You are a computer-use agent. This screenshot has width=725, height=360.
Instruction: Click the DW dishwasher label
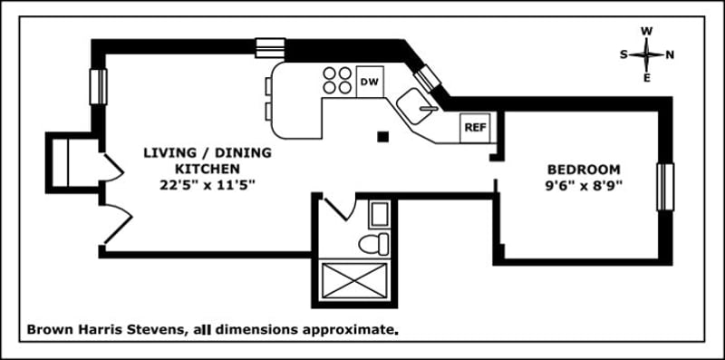[369, 83]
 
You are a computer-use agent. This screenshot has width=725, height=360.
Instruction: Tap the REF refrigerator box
[475, 127]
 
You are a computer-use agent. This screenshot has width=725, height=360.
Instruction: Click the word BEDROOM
[584, 170]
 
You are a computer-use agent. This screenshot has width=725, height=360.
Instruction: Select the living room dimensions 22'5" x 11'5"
[194, 185]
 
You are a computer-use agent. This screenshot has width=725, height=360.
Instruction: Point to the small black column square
[383, 137]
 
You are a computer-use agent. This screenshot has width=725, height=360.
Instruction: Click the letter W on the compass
[646, 31]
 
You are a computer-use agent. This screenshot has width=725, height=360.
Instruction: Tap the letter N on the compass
[670, 54]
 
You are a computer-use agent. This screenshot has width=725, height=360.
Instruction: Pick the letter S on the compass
[623, 54]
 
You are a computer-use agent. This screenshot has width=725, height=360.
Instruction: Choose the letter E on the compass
[646, 77]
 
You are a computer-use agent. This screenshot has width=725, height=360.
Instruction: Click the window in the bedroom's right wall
[666, 187]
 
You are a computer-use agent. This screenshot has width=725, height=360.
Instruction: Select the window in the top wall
[270, 47]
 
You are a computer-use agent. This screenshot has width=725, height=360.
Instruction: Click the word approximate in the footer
[352, 331]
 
